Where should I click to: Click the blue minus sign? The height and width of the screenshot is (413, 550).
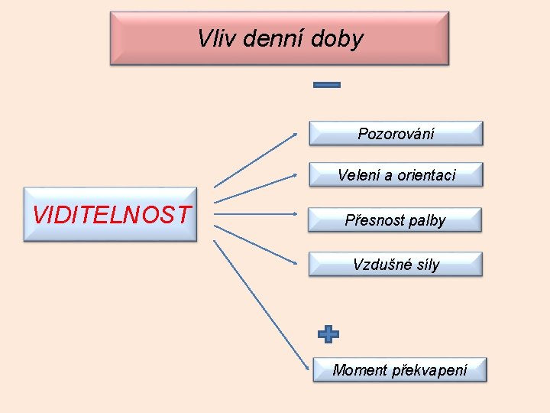pos(328,85)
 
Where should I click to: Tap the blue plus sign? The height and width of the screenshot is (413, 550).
pos(328,334)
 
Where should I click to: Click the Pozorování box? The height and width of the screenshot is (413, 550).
pos(396,134)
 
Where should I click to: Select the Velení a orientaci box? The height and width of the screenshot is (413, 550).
pos(396,175)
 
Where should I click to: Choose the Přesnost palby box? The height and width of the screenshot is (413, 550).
pos(395,220)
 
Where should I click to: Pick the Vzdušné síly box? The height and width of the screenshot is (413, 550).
pos(396,265)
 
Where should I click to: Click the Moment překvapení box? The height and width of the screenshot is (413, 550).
pos(400,370)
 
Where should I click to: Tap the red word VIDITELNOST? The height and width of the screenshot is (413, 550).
pos(111,215)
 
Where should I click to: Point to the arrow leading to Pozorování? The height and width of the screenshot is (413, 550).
pos(256,160)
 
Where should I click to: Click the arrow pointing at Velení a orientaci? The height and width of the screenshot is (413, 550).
pos(256,188)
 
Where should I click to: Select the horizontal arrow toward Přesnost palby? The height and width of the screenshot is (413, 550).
pos(256,216)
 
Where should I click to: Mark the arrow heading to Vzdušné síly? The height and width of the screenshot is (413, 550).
pos(256,244)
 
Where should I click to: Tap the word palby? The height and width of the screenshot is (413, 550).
pos(427,221)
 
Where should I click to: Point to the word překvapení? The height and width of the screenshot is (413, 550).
pos(429,371)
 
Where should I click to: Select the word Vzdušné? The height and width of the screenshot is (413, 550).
pos(379,265)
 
